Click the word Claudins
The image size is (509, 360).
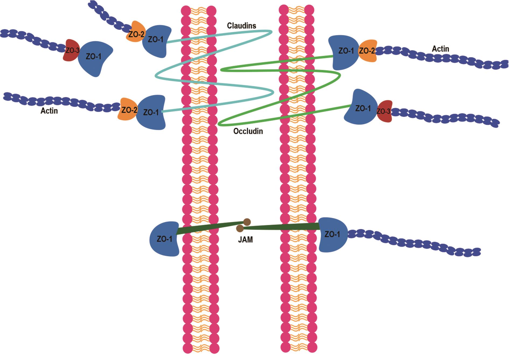point(241,26)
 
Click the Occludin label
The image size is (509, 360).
point(248,131)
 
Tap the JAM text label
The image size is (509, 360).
point(245,240)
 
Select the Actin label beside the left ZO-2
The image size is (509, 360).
point(49,111)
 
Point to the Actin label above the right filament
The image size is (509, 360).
point(440,49)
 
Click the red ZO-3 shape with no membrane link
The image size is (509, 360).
point(71,50)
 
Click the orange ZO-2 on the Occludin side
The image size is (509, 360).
point(368,51)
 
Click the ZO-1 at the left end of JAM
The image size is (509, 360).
point(164,239)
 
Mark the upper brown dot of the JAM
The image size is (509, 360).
point(247,222)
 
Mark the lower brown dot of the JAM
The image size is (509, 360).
point(240,229)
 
